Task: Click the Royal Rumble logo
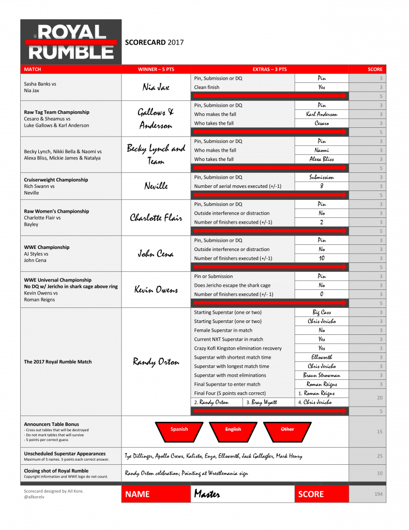71,42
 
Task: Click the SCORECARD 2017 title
154,42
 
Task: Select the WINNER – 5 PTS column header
156,69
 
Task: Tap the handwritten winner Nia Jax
156,87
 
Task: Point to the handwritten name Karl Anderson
322,114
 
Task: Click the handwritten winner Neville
156,186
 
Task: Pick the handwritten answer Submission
322,177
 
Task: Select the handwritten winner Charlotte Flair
156,218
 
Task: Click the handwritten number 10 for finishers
322,258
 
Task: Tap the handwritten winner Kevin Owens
156,290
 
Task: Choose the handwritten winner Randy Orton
156,362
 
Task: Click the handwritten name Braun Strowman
322,375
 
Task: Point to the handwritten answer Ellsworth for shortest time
322,357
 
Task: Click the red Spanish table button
179,429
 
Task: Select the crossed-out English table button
233,429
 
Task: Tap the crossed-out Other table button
287,429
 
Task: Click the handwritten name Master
207,494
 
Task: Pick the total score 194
378,494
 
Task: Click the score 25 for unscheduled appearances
380,456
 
